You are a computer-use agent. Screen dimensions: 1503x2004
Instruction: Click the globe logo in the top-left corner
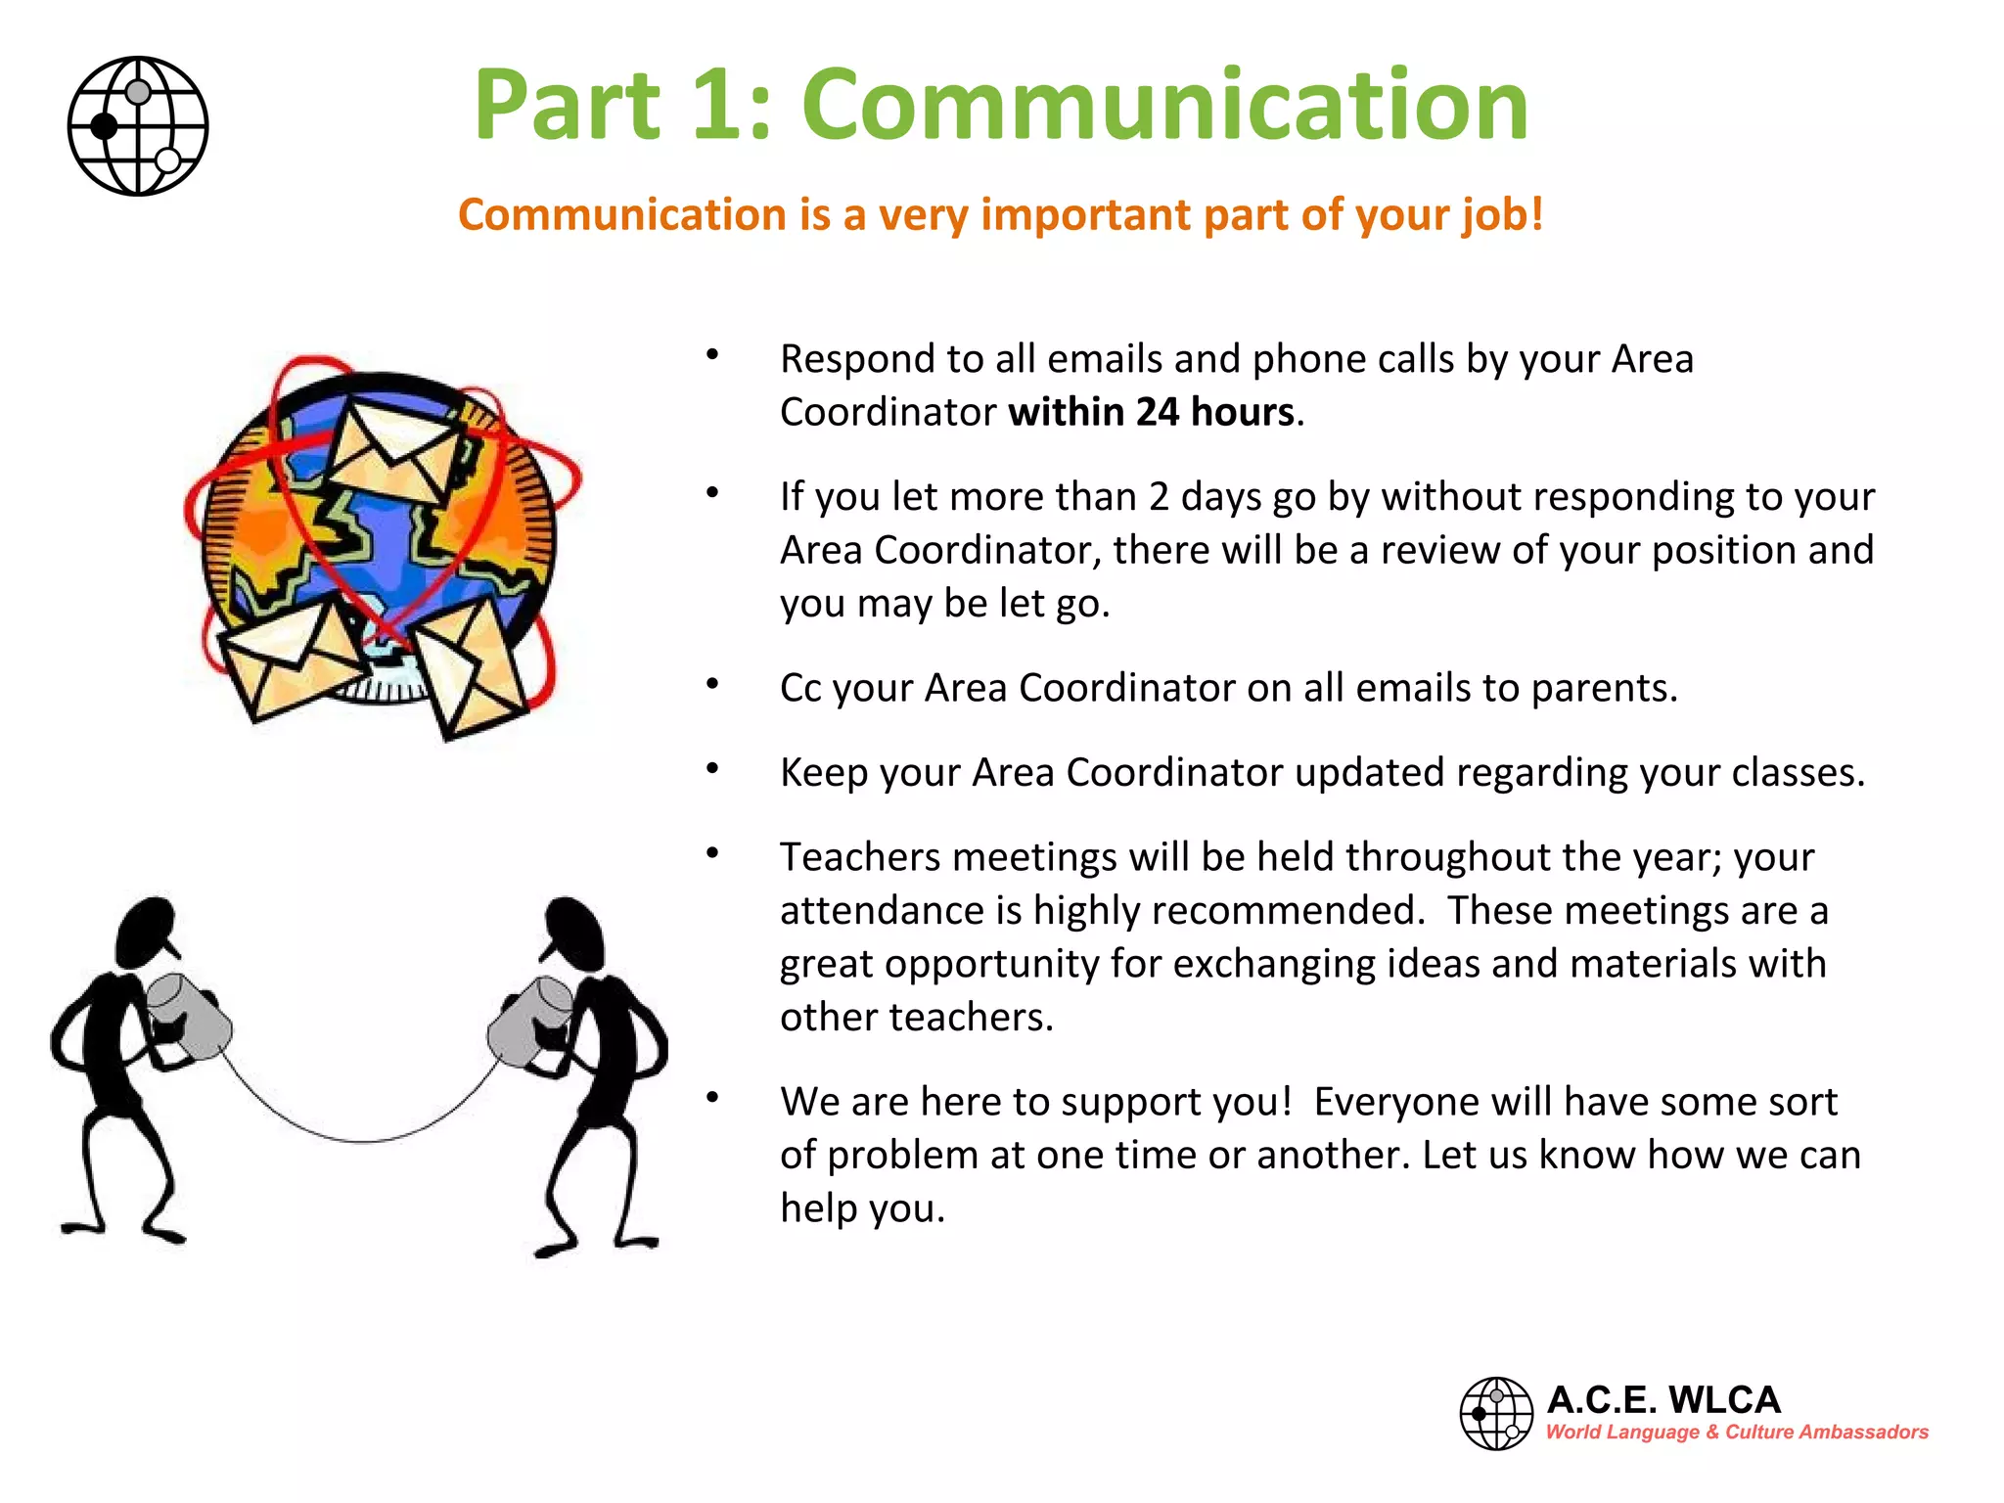coord(138,126)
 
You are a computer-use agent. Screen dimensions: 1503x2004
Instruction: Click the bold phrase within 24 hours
coord(1152,413)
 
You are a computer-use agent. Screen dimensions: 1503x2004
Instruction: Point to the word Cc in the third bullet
coord(800,688)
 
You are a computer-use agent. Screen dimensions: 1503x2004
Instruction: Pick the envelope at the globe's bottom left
coord(290,658)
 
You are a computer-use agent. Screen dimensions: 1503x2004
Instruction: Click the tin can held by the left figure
coord(190,1017)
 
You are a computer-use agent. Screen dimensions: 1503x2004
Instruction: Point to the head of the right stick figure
coord(575,932)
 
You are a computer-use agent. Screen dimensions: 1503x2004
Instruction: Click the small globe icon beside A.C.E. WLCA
coord(1495,1413)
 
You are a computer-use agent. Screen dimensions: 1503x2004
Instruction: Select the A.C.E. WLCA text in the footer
coord(1663,1400)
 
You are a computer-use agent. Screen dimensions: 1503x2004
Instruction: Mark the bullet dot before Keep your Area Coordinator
coord(713,769)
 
